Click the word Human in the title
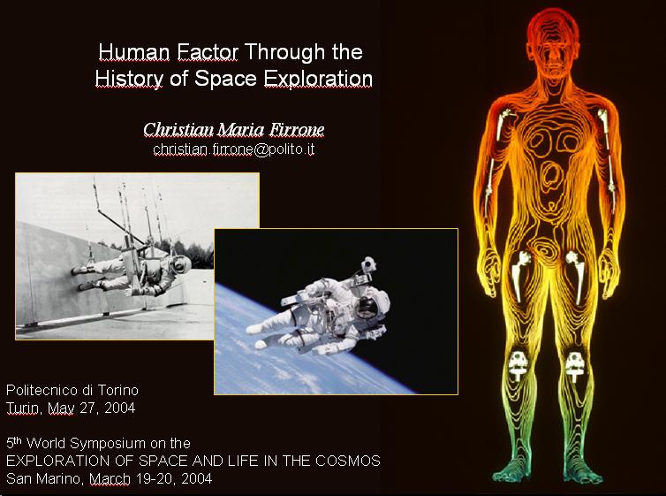click(133, 52)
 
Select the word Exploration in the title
click(318, 79)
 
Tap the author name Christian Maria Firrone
click(233, 129)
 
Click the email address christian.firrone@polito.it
click(233, 149)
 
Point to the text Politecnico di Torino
click(72, 390)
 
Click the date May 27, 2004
click(91, 408)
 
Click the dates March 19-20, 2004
click(151, 479)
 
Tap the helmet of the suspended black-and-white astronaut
click(180, 264)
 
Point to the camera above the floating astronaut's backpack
click(368, 264)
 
